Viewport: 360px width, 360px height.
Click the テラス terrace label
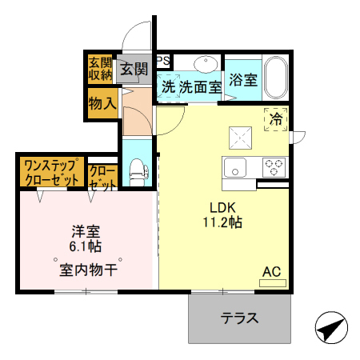point(239,318)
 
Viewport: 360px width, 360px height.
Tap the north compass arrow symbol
point(332,328)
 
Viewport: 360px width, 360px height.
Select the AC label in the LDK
point(272,271)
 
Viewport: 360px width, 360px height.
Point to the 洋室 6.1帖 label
point(85,238)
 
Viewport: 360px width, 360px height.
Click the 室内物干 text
point(88,269)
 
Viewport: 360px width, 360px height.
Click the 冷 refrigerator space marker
point(275,120)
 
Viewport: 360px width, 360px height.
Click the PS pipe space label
point(162,61)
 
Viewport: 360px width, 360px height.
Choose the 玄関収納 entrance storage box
point(100,69)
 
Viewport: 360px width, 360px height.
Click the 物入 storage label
point(103,103)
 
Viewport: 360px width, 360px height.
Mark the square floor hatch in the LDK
point(239,138)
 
